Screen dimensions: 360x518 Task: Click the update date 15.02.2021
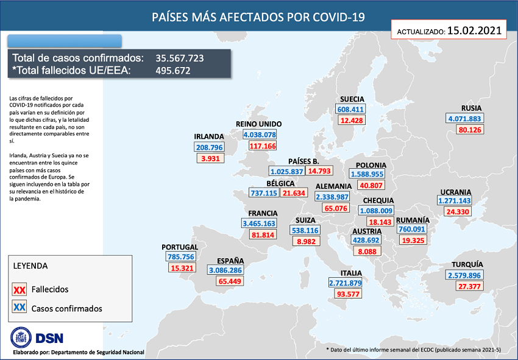click(x=474, y=29)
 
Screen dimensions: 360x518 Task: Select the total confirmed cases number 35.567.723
click(x=179, y=58)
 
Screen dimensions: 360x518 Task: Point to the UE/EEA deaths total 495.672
click(x=173, y=70)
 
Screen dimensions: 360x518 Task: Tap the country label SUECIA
click(x=352, y=99)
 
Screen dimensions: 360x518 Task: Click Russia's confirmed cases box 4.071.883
click(x=464, y=119)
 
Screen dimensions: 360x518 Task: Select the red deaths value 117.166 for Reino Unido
click(x=263, y=146)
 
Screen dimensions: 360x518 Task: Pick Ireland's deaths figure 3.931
click(x=210, y=158)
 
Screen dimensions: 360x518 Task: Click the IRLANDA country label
click(x=209, y=136)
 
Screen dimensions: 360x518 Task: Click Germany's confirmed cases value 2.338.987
click(x=332, y=197)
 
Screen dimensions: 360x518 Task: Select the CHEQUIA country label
click(x=378, y=200)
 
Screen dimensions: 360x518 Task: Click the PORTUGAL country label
click(x=180, y=247)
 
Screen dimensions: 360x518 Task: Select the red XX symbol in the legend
click(x=19, y=289)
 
